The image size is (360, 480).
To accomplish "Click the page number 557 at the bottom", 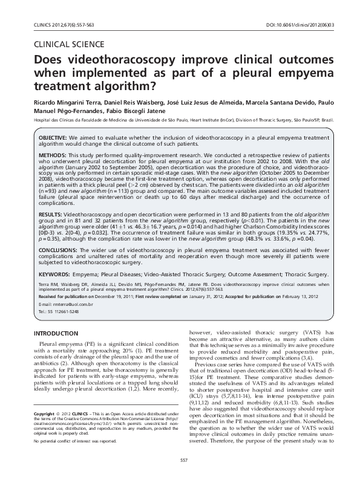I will point(180,461).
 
